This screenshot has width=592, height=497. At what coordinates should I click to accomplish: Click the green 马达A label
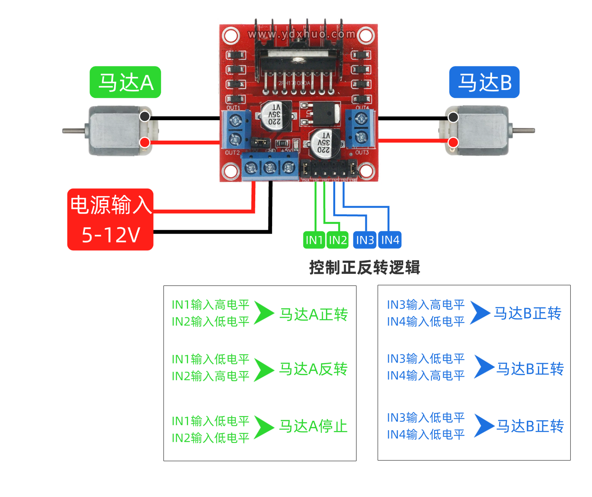click(125, 82)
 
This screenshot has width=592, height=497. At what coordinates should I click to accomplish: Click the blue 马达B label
click(484, 82)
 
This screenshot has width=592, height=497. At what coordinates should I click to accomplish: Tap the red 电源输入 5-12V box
click(110, 219)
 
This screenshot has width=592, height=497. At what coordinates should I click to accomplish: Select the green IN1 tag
click(314, 240)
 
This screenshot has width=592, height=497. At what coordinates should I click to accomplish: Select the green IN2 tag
click(338, 240)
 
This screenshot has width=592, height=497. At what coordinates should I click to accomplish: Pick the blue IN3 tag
click(365, 240)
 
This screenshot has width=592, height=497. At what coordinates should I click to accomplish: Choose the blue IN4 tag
click(390, 240)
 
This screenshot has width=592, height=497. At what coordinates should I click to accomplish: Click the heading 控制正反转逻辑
click(364, 267)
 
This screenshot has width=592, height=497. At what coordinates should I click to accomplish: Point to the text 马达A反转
click(313, 369)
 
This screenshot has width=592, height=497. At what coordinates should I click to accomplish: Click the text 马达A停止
click(313, 426)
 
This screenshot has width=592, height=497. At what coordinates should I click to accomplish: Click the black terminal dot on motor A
click(145, 116)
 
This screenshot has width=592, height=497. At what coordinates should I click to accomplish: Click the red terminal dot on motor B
click(453, 142)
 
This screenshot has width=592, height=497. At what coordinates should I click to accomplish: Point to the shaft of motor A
click(73, 131)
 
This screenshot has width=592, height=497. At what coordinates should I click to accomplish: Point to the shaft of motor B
click(524, 131)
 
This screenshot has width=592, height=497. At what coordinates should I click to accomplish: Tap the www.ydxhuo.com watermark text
click(301, 34)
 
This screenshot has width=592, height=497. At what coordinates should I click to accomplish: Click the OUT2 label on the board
click(232, 153)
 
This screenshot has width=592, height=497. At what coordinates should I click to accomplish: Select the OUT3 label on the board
click(362, 153)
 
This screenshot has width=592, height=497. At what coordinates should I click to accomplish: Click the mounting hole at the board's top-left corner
click(231, 36)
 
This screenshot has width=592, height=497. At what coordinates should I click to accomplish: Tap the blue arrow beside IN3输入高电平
click(480, 312)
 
